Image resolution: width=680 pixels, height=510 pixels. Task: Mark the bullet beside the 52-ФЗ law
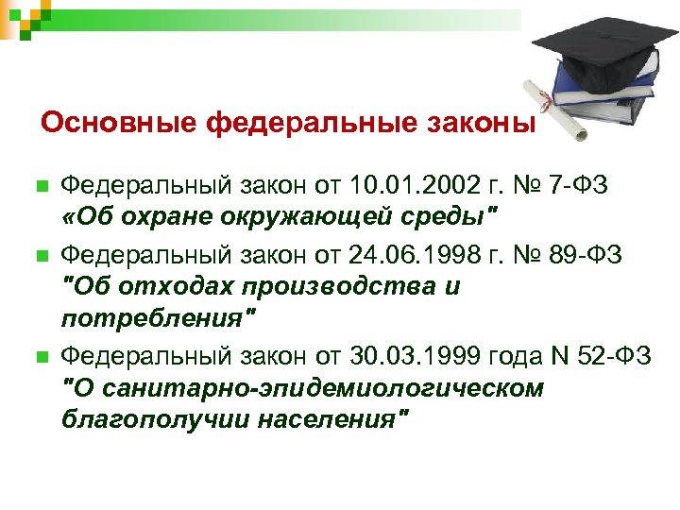point(39,357)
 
